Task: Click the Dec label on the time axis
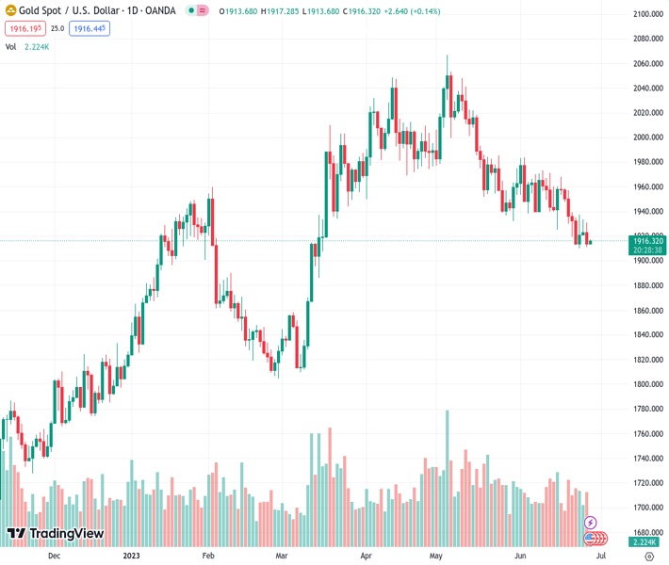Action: [x=54, y=556]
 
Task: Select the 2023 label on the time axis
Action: [x=132, y=556]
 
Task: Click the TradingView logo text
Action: [x=66, y=534]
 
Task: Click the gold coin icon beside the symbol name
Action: [x=10, y=11]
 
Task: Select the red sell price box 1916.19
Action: [x=24, y=29]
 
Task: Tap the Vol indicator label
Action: [x=10, y=46]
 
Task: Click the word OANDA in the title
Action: [x=158, y=11]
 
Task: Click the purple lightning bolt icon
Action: [x=591, y=523]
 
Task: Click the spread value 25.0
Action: [x=57, y=29]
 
